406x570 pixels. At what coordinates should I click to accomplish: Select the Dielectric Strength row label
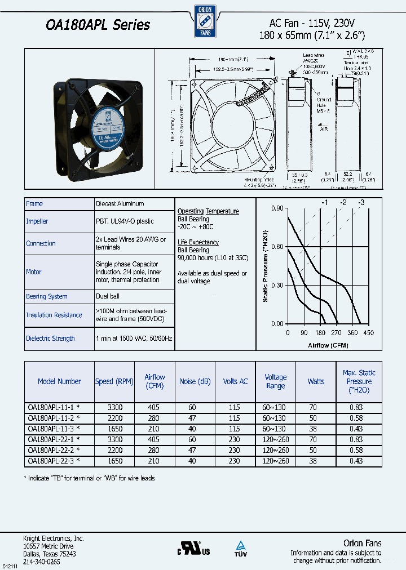pyautogui.click(x=50, y=339)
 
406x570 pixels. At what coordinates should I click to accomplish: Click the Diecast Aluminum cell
pyautogui.click(x=120, y=203)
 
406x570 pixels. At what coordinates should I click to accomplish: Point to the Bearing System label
pyautogui.click(x=47, y=296)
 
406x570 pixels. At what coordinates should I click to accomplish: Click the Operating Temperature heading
pyautogui.click(x=208, y=211)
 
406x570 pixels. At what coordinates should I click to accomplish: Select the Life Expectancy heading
pyautogui.click(x=198, y=242)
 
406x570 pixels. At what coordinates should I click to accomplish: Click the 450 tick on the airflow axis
pyautogui.click(x=368, y=333)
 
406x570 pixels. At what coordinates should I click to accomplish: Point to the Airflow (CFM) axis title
pyautogui.click(x=328, y=345)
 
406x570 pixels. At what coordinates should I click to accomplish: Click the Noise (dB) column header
pyautogui.click(x=195, y=381)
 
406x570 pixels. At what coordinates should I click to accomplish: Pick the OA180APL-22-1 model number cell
pyautogui.click(x=54, y=439)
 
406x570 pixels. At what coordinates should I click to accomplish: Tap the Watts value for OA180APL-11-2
pyautogui.click(x=316, y=418)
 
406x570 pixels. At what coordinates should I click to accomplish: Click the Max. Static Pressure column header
pyautogui.click(x=359, y=381)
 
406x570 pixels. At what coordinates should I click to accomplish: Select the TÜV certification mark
pyautogui.click(x=241, y=548)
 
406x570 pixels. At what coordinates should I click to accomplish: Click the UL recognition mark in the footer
pyautogui.click(x=195, y=549)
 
